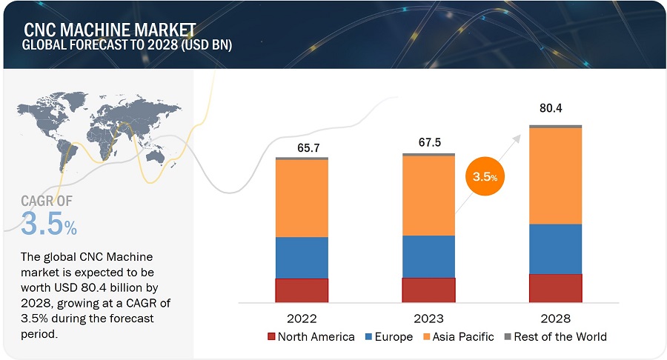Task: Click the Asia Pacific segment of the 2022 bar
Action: tap(302, 198)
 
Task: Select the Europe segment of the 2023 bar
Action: tap(428, 256)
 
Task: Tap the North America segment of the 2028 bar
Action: tap(555, 288)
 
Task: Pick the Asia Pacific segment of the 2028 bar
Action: tap(555, 176)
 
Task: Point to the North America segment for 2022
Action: tap(302, 290)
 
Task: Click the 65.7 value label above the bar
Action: tap(302, 148)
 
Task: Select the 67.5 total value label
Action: tap(428, 144)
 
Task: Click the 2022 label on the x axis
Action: tap(302, 319)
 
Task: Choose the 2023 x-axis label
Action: tap(428, 319)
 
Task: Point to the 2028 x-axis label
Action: tap(555, 319)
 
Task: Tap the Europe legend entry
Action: tap(389, 337)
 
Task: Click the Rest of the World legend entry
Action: tap(554, 337)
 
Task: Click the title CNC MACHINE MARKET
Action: tap(110, 30)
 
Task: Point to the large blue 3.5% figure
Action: tap(49, 224)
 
